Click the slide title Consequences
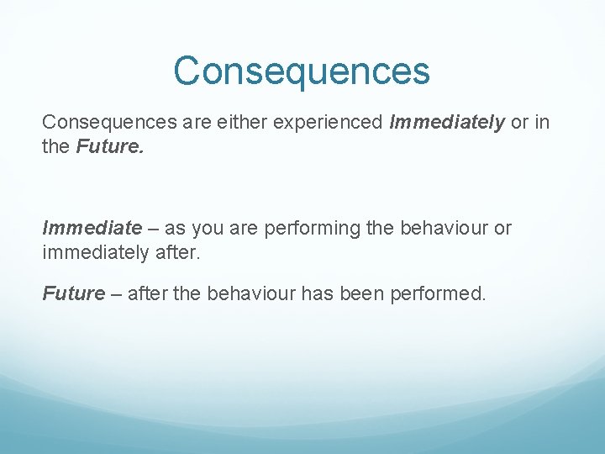pos(302,71)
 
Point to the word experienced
pos(327,123)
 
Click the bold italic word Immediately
pos(447,123)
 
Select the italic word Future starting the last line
pos(74,293)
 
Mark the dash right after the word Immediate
pos(155,228)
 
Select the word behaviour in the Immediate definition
pos(433,228)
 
